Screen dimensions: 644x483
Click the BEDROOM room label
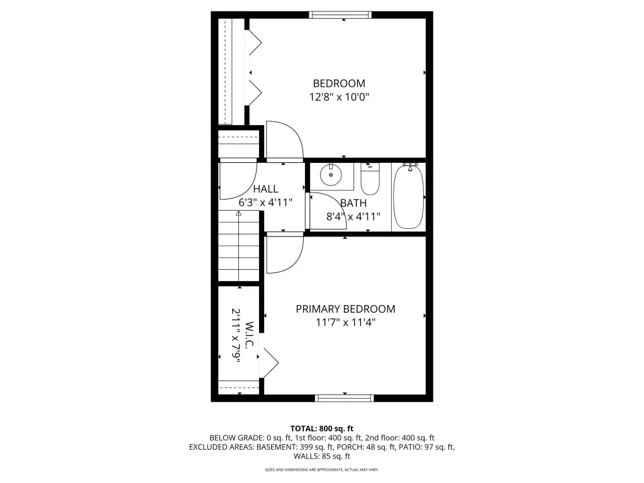[x=339, y=84]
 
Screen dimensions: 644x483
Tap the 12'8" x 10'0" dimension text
[x=339, y=97]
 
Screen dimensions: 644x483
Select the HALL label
[x=265, y=189]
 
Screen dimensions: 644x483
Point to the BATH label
[x=353, y=203]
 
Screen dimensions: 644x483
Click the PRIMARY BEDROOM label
[x=345, y=309]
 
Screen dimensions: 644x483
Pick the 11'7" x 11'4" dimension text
[x=345, y=323]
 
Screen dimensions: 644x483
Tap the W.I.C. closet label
[x=249, y=336]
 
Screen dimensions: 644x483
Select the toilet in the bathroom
[x=370, y=179]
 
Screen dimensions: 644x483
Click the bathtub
[x=408, y=197]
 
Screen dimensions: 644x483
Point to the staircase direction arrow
[x=238, y=247]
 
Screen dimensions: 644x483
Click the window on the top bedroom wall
[x=340, y=15]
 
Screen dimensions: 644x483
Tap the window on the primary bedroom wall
[x=345, y=397]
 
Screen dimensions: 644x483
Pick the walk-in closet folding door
[x=269, y=363]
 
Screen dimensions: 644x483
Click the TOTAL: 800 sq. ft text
[x=322, y=429]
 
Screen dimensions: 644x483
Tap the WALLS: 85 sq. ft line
[x=322, y=456]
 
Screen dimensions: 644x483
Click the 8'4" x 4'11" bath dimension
[x=353, y=216]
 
